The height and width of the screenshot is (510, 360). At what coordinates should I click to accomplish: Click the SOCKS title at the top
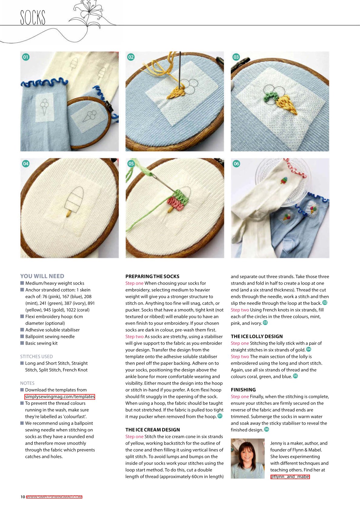[x=33, y=17]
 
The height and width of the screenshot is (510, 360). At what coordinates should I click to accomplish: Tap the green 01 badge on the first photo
[x=26, y=57]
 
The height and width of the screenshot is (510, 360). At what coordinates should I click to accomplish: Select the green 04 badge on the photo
[x=26, y=163]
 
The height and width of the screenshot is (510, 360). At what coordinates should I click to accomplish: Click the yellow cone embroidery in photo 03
[x=287, y=105]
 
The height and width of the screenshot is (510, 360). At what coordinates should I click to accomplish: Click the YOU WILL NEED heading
[x=42, y=276]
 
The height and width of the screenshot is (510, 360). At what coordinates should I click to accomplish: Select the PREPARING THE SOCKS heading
[x=152, y=276]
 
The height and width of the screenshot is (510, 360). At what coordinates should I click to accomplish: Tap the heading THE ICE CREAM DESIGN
[x=153, y=430]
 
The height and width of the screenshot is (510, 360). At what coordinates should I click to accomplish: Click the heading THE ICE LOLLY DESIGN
[x=257, y=336]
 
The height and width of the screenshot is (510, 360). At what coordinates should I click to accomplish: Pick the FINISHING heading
[x=243, y=390]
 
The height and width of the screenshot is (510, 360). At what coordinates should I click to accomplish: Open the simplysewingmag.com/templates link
[x=60, y=397]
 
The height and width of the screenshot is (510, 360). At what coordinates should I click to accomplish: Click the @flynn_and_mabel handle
[x=290, y=477]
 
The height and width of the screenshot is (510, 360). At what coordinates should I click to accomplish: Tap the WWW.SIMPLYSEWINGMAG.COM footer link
[x=54, y=497]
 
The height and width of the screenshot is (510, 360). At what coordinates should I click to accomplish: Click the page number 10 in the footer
[x=23, y=497]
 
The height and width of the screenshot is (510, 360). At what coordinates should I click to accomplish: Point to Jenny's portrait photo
[x=248, y=458]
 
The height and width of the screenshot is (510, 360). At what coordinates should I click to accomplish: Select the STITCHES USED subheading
[x=36, y=356]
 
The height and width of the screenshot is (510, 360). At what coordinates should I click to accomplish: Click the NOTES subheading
[x=27, y=383]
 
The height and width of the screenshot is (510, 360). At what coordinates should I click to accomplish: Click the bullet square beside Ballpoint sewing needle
[x=22, y=336]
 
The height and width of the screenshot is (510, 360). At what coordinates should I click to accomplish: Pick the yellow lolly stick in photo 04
[x=68, y=213]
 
